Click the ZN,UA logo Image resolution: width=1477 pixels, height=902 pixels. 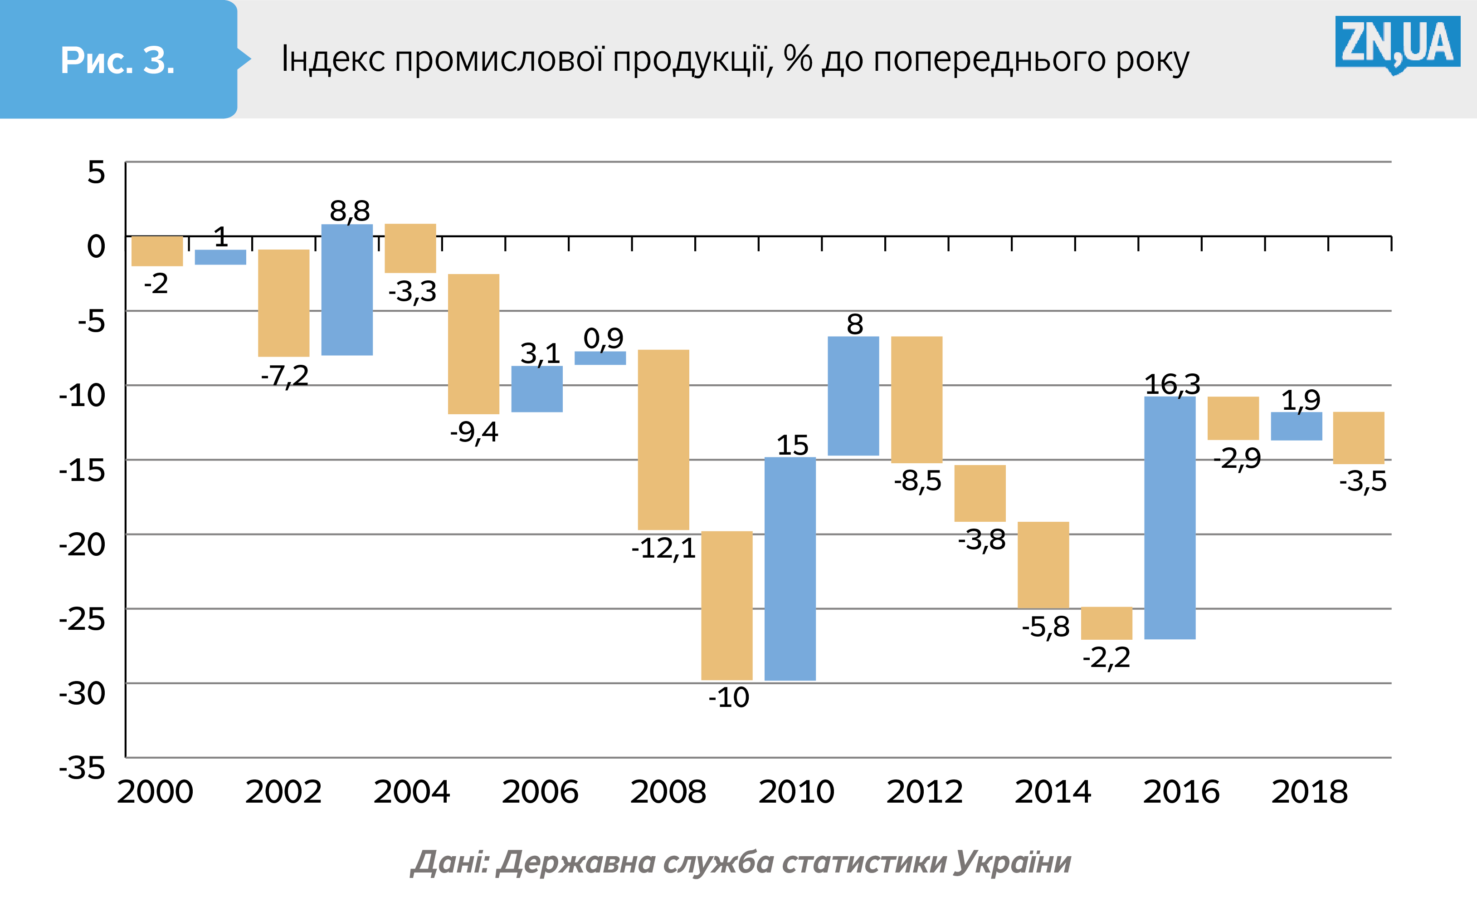pos(1397,43)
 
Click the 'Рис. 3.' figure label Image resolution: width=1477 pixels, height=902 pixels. pos(117,60)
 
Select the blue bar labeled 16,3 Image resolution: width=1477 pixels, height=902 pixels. pos(1170,518)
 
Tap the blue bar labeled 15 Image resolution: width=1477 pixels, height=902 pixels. pos(790,569)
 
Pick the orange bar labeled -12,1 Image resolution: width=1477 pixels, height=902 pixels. pos(663,440)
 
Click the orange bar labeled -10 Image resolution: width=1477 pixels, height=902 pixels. pos(726,605)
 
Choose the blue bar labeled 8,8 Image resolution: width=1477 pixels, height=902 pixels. pos(346,289)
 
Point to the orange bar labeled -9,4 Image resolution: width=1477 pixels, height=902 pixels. pos(473,343)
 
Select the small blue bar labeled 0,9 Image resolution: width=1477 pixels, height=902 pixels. pos(600,358)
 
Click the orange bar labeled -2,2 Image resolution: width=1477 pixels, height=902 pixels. pos(1106,623)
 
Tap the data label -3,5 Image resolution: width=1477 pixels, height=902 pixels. pos(1363,481)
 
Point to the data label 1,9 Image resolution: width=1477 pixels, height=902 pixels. pos(1301,400)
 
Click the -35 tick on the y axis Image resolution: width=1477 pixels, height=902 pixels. pos(82,768)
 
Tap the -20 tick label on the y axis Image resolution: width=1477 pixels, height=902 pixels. pos(82,544)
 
